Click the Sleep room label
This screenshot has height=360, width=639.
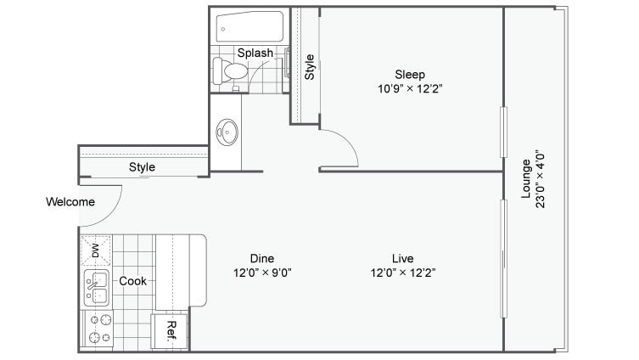tap(410, 74)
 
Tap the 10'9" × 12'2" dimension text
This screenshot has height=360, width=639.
tap(410, 88)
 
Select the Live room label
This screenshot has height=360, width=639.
tap(402, 258)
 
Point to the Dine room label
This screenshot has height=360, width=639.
tap(261, 258)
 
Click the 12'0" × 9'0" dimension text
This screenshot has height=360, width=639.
tap(261, 273)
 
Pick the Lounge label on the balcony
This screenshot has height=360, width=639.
tap(526, 179)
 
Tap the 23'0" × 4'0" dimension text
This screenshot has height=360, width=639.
tap(541, 179)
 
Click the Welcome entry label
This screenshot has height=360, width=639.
tap(70, 202)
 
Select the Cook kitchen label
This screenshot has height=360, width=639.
tap(132, 281)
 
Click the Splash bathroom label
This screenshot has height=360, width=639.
tap(255, 53)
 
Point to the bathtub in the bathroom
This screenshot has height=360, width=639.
tap(249, 27)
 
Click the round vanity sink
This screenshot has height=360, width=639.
tap(227, 131)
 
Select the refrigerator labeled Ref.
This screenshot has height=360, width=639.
tap(170, 330)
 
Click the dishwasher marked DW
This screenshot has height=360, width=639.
tap(96, 250)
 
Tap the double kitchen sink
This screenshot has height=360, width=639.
tap(96, 289)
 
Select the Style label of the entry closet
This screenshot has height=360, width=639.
tap(142, 167)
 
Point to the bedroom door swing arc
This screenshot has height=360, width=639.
tap(345, 144)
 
